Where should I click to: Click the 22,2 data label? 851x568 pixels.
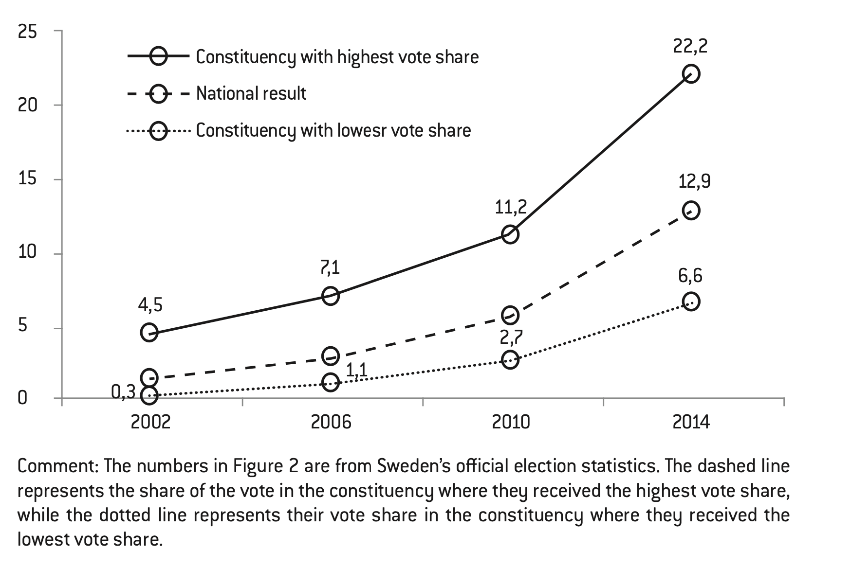(x=690, y=47)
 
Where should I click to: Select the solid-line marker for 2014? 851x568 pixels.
(x=691, y=74)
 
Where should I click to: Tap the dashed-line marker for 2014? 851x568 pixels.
(x=691, y=211)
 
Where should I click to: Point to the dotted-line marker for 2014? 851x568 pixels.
(x=691, y=302)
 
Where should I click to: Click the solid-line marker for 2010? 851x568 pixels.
(x=510, y=235)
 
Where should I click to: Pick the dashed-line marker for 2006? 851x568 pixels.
(x=331, y=356)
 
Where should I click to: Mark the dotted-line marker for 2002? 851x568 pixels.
(x=149, y=395)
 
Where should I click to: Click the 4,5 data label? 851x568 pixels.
(x=150, y=305)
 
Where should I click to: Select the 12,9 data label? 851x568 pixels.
(x=694, y=182)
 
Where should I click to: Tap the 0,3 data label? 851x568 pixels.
(x=123, y=392)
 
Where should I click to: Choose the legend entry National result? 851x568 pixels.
(x=251, y=93)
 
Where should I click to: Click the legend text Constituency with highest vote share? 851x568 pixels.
(x=337, y=57)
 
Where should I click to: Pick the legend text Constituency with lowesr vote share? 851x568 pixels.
(x=333, y=130)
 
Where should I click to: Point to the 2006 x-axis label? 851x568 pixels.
(x=331, y=422)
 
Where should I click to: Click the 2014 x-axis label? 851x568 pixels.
(x=691, y=422)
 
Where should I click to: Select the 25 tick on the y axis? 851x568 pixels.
(x=27, y=32)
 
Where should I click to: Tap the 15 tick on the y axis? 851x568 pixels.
(x=27, y=179)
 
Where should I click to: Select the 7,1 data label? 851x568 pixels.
(x=330, y=268)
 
